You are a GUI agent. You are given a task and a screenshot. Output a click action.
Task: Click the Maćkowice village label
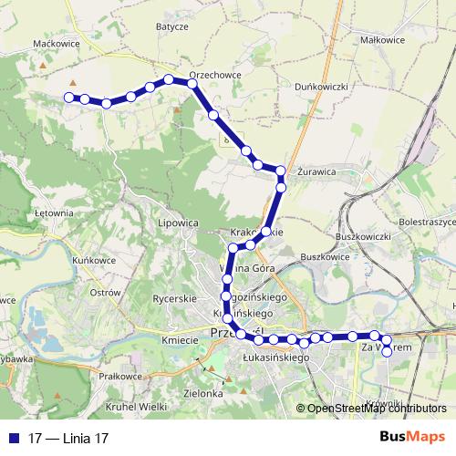(52, 42)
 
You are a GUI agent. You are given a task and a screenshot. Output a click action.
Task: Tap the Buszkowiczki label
(363, 237)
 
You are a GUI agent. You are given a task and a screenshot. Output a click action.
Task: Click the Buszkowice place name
(326, 257)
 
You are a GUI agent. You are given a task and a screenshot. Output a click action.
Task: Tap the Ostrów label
(105, 293)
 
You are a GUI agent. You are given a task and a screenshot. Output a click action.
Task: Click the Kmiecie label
(180, 340)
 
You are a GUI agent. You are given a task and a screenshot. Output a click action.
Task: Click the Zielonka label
(203, 393)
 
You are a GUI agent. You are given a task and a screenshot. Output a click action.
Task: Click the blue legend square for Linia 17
(12, 438)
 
